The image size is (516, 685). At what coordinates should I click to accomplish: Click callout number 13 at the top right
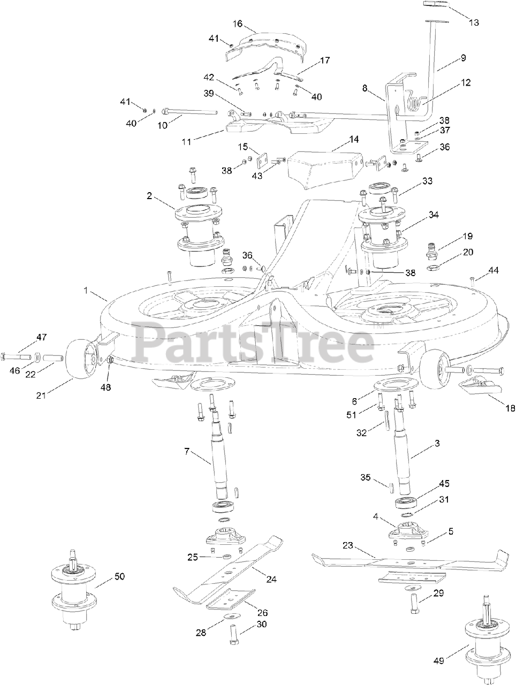473,22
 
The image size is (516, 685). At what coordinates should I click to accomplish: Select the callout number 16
238,24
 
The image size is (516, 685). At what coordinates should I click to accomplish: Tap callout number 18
509,408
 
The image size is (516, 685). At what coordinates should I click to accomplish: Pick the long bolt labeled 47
19,355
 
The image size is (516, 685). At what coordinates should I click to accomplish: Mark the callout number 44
493,271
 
